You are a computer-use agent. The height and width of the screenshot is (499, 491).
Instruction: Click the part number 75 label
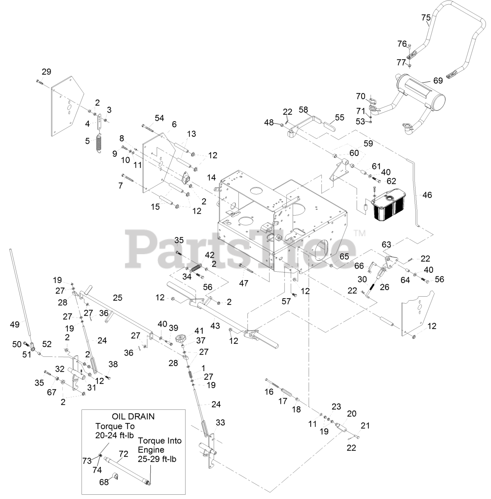[x=426, y=18]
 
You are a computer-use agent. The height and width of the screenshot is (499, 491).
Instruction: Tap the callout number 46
[x=427, y=195]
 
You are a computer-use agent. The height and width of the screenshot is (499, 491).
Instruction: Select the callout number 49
[x=14, y=324]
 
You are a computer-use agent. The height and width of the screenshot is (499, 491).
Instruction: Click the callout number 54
[x=159, y=118]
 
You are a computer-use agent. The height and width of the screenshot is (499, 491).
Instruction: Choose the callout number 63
[x=386, y=245]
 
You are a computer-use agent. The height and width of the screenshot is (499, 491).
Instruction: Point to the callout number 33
[x=220, y=422]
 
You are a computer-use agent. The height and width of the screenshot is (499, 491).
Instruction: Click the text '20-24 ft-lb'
[x=115, y=435]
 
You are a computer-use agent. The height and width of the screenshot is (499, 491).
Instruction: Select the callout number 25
[x=117, y=298]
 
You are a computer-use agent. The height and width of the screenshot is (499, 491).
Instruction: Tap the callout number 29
[x=46, y=72]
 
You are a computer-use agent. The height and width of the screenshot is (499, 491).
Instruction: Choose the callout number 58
[x=303, y=110]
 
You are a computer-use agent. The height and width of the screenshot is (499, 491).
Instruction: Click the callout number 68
[x=104, y=482]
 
